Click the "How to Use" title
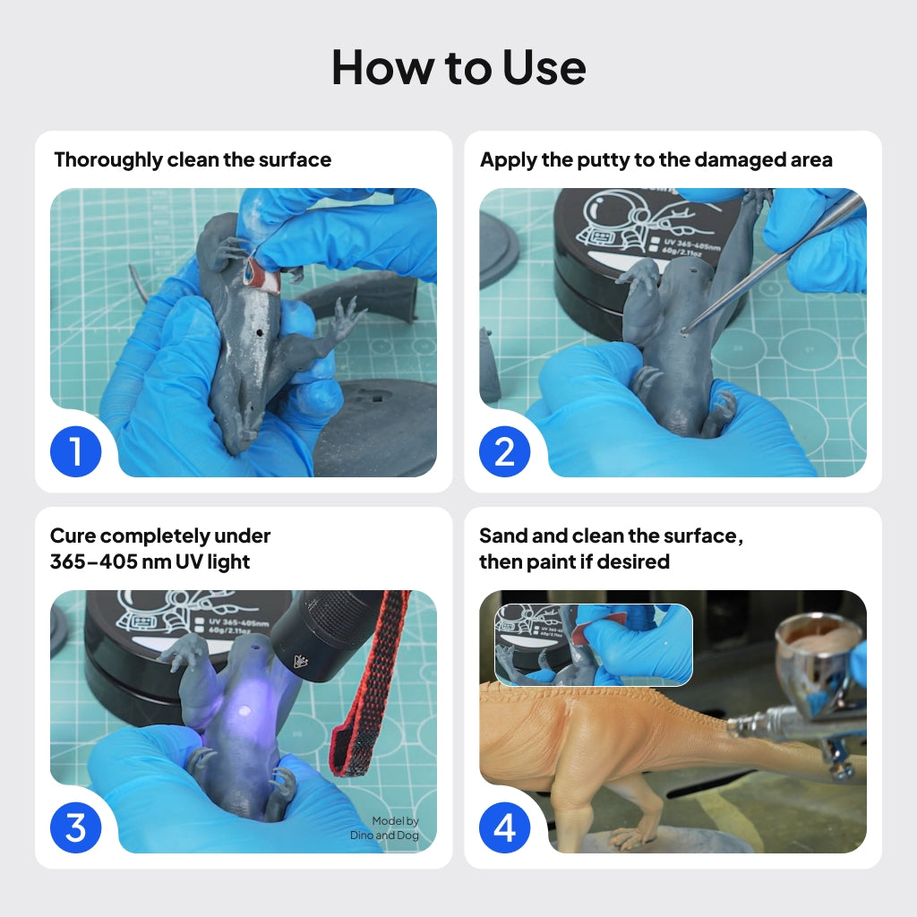click(458, 67)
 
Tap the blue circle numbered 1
click(75, 451)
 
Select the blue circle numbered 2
click(505, 451)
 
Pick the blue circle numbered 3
click(75, 827)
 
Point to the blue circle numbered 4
click(505, 827)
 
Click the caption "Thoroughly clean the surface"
click(193, 160)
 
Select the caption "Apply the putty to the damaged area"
click(656, 160)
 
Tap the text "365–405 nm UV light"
click(150, 562)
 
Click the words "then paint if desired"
click(574, 562)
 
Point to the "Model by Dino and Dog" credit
click(384, 828)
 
